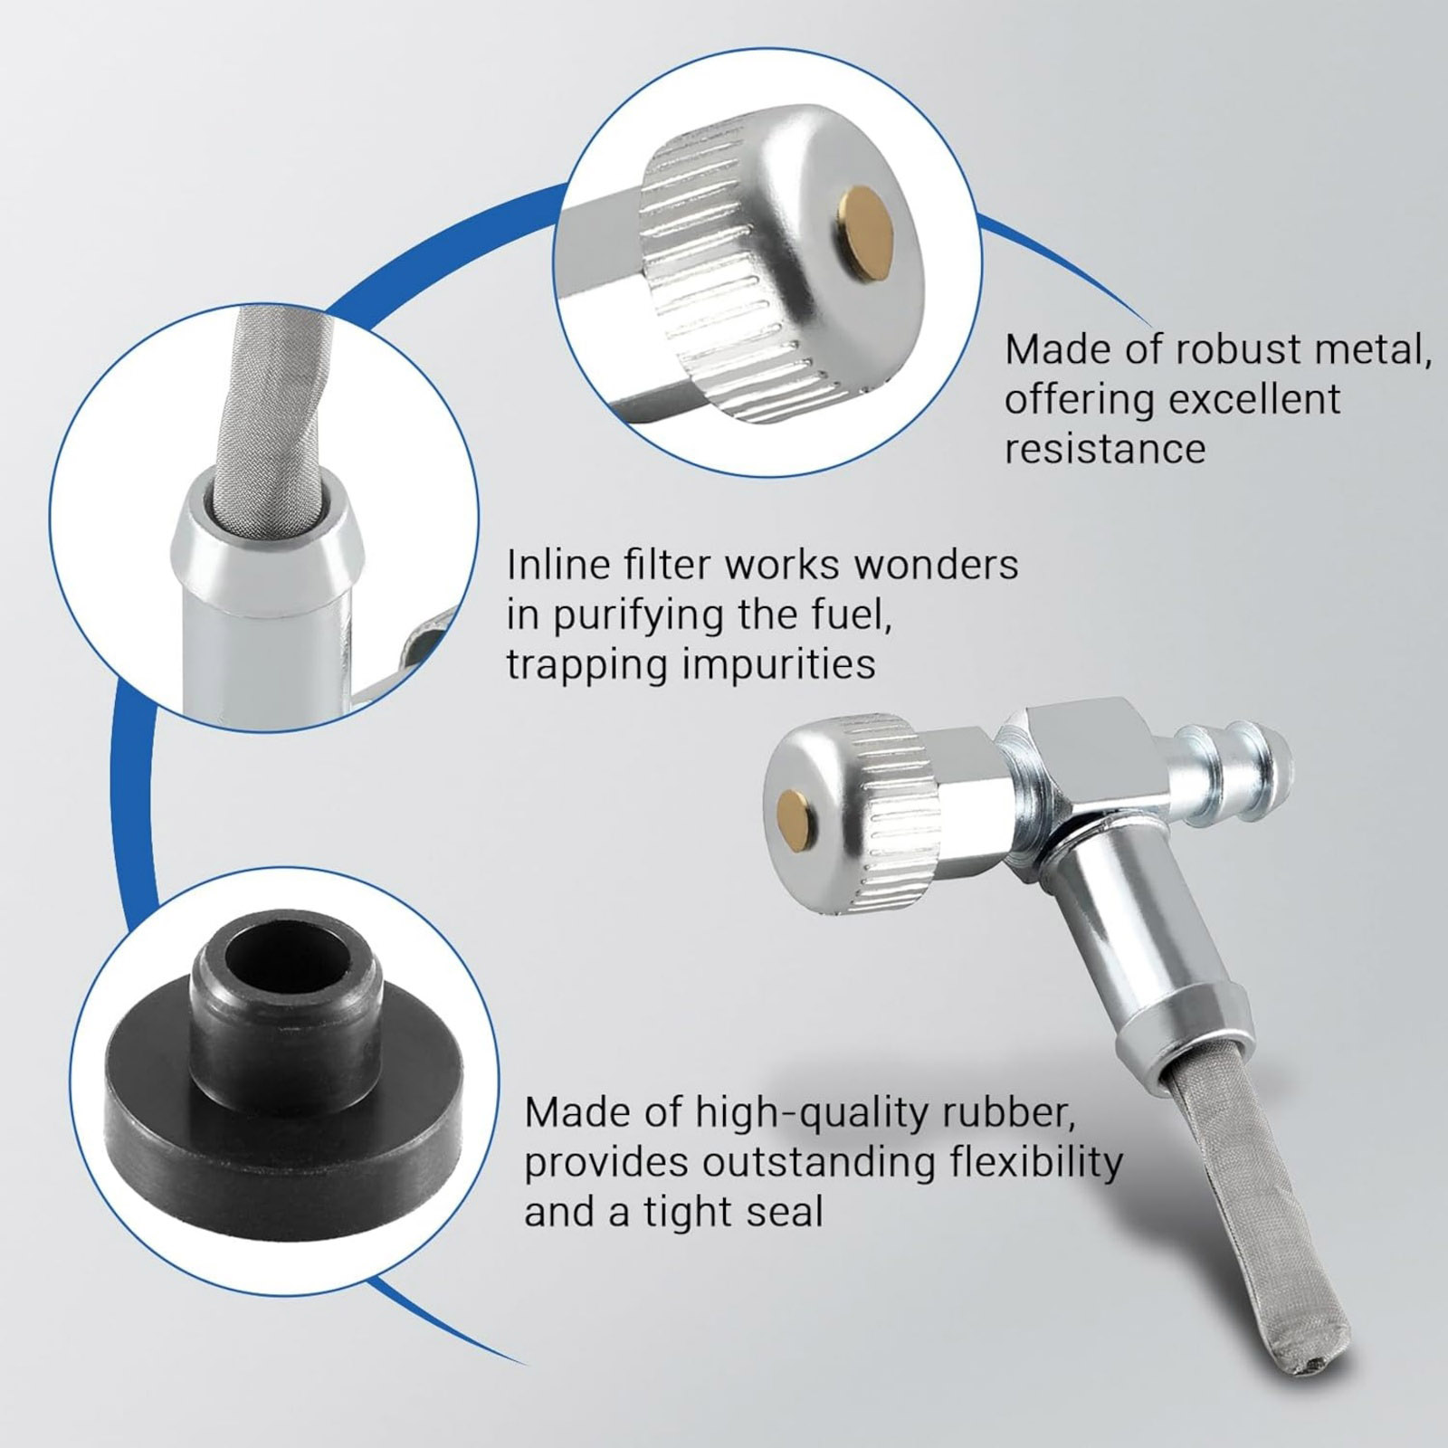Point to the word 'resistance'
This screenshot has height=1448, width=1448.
pyautogui.click(x=1105, y=449)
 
